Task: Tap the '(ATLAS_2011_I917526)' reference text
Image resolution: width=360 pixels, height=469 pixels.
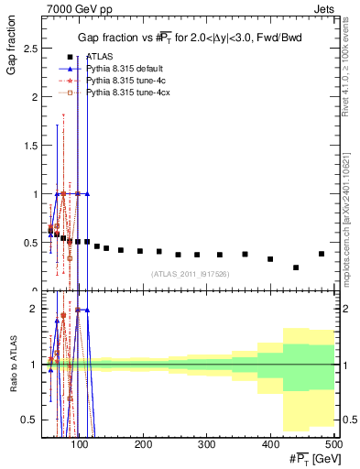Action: (x=190, y=274)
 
